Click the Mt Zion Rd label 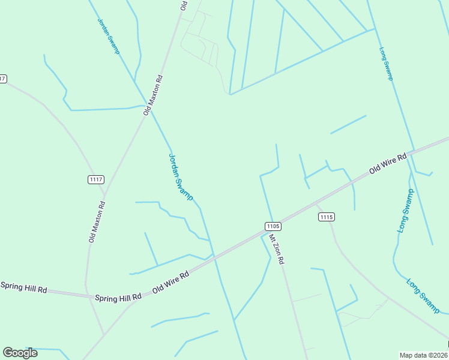coord(277,250)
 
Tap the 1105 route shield coord(273,226)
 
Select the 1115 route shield coord(327,217)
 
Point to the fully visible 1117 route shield coord(96,179)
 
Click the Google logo coord(20,352)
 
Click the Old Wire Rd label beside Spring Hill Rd coord(171,281)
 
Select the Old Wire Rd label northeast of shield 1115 coord(388,163)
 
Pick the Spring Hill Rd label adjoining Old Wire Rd coord(118,296)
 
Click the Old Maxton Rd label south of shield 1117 coord(97,221)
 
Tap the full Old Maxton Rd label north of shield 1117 coord(153,95)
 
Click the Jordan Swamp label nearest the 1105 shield coord(180,177)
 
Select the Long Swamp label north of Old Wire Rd coord(386,64)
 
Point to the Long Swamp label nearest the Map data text coord(423,295)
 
